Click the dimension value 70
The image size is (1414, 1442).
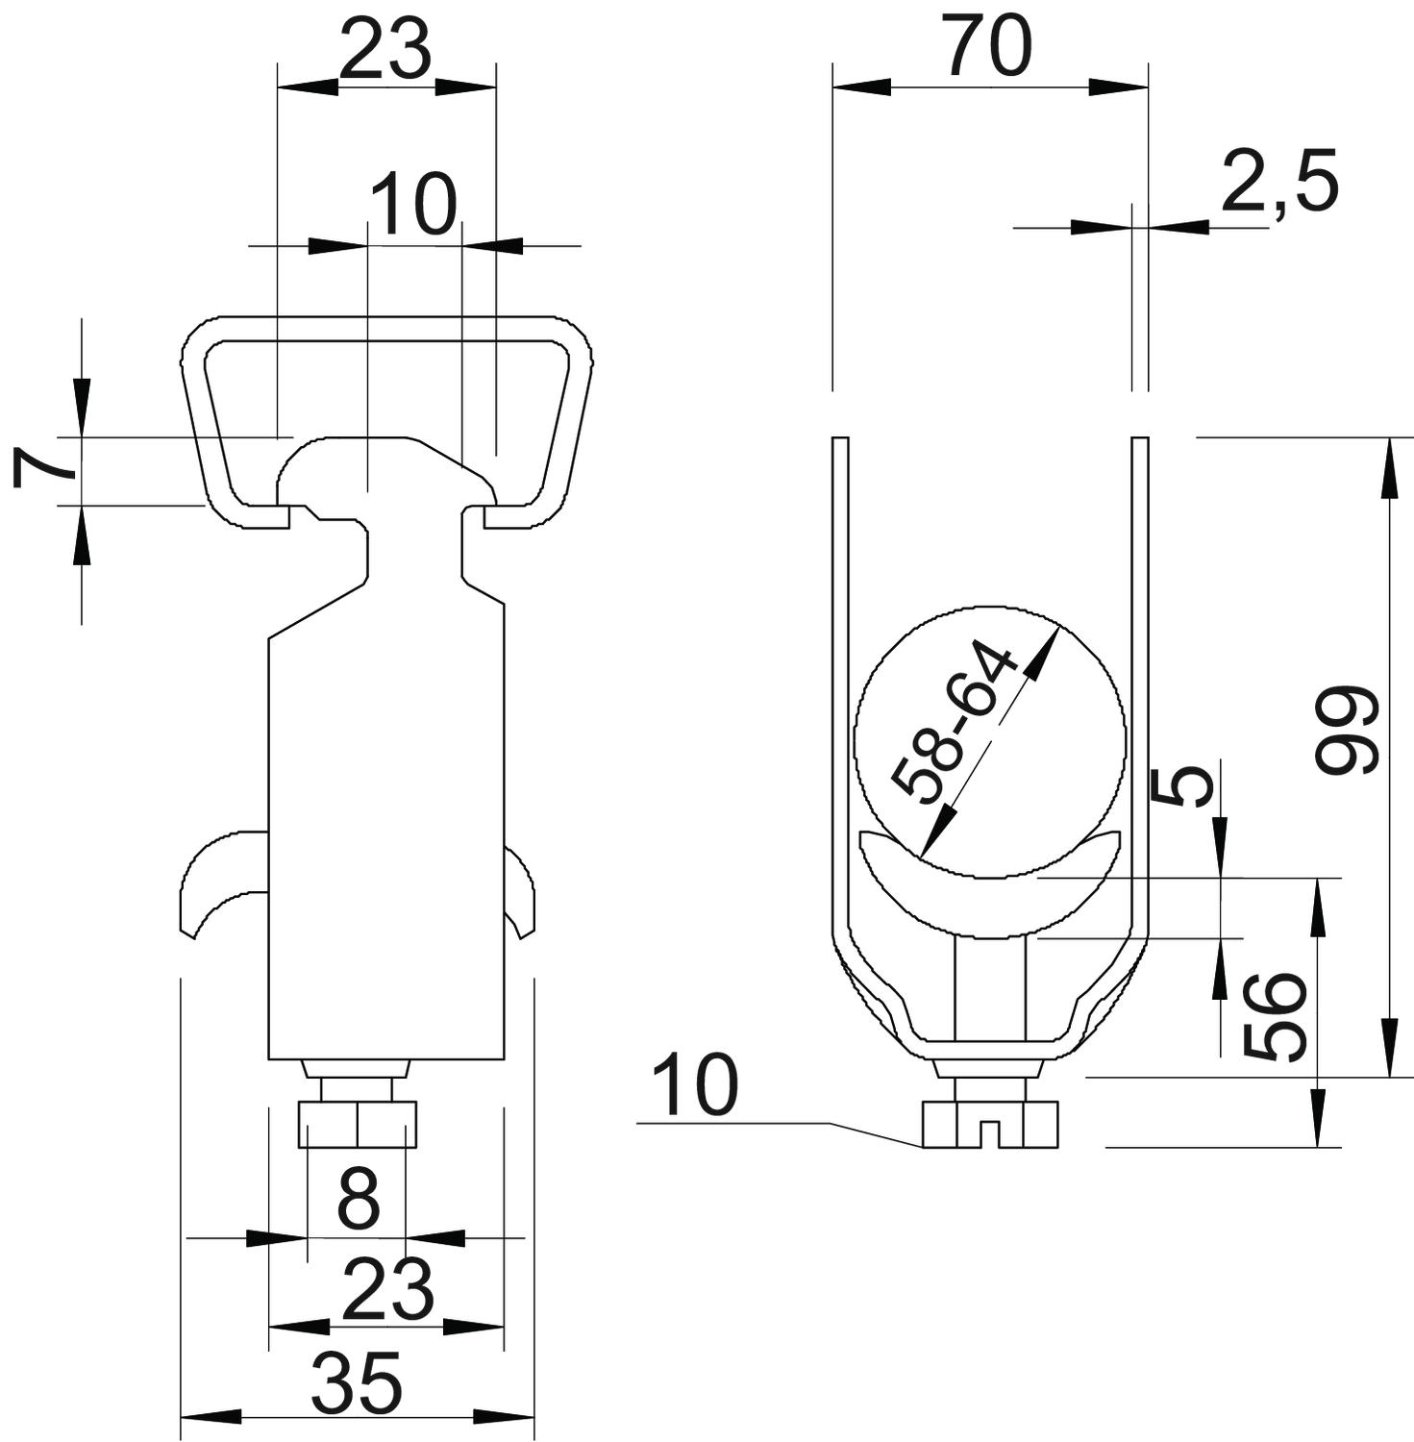point(987,45)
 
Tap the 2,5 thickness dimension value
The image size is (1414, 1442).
point(1279,182)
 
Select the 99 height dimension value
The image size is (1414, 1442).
point(1348,730)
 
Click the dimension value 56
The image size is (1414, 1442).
point(1276,1017)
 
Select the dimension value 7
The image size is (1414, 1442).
point(44,467)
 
